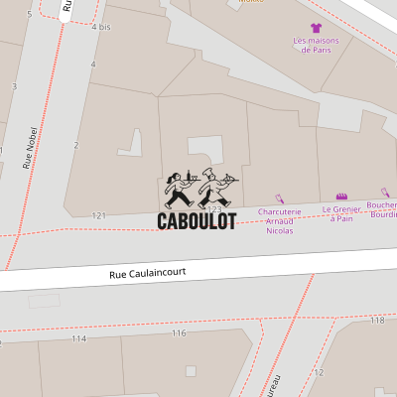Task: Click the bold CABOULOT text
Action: [197, 221]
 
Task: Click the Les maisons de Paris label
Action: [316, 45]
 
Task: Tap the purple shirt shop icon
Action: [316, 28]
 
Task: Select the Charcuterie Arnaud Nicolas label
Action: [279, 221]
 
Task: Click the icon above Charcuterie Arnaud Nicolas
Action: [279, 198]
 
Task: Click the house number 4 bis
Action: [100, 27]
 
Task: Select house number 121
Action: [98, 215]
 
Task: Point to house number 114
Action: [78, 338]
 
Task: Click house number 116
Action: [179, 333]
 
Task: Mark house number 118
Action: [376, 321]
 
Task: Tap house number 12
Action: [319, 373]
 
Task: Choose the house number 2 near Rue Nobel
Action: [75, 145]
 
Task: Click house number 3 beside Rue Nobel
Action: [14, 86]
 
